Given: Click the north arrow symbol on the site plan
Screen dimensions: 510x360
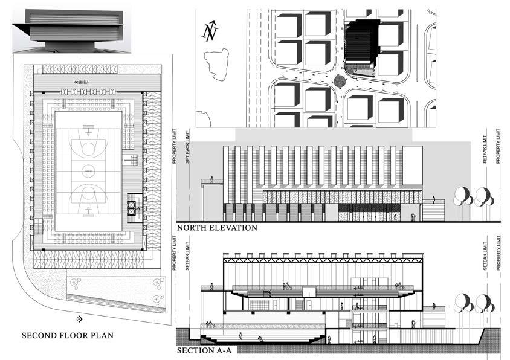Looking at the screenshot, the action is point(210,31).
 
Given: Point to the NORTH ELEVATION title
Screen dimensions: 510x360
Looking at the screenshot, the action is point(217,228).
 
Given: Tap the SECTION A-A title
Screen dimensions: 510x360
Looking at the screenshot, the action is point(200,350).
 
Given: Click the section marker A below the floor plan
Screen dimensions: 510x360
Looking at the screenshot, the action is point(79,318).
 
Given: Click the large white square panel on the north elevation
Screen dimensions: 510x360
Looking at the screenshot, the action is point(413,165).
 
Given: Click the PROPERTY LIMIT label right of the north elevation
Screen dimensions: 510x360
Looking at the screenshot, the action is point(498,146).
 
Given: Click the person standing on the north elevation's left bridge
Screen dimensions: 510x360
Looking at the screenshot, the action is point(211,179).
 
